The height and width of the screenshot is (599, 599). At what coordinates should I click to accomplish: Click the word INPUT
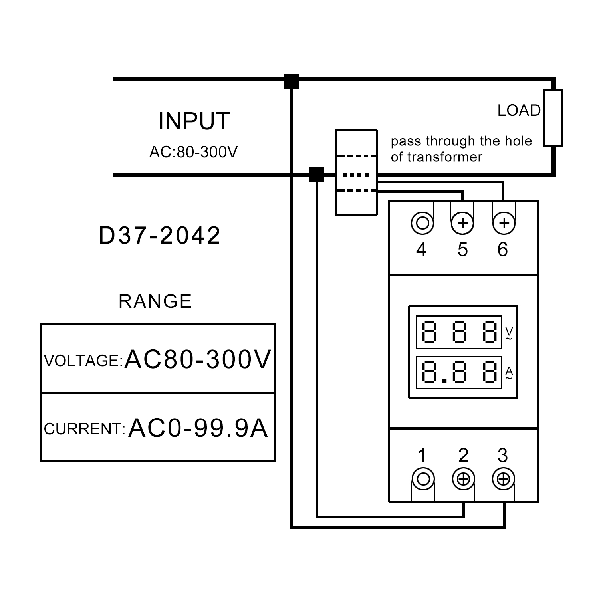(194, 121)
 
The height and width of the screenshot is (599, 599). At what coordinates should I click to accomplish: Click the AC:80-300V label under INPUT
(193, 152)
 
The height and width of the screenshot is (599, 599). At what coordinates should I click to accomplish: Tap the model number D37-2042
(160, 236)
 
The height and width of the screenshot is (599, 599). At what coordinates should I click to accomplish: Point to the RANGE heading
(155, 301)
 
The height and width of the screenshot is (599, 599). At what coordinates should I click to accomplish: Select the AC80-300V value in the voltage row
(198, 359)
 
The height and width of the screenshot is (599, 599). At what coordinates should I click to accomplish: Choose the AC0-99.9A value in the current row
(198, 428)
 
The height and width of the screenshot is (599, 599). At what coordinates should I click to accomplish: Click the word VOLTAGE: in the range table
(83, 361)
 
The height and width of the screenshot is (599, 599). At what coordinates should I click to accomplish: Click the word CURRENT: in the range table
(85, 429)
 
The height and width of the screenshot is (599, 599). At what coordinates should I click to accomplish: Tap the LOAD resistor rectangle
(553, 117)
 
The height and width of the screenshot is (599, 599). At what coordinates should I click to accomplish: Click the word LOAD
(519, 111)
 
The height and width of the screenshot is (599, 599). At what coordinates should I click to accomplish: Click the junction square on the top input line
(292, 81)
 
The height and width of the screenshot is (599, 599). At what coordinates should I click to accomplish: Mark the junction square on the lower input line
(317, 175)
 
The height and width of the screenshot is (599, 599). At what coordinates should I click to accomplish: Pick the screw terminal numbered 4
(422, 222)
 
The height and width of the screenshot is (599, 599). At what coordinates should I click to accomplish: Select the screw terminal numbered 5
(462, 223)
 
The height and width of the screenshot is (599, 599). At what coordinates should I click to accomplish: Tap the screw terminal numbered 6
(504, 223)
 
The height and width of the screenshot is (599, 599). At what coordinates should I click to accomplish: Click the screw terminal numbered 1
(423, 479)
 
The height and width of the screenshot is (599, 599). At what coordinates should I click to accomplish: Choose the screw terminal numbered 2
(463, 479)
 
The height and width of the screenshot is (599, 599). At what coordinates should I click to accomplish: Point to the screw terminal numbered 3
(504, 479)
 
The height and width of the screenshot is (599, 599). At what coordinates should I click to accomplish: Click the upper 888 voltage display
(459, 332)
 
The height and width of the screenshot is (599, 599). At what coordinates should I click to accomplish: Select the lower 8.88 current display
(459, 372)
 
